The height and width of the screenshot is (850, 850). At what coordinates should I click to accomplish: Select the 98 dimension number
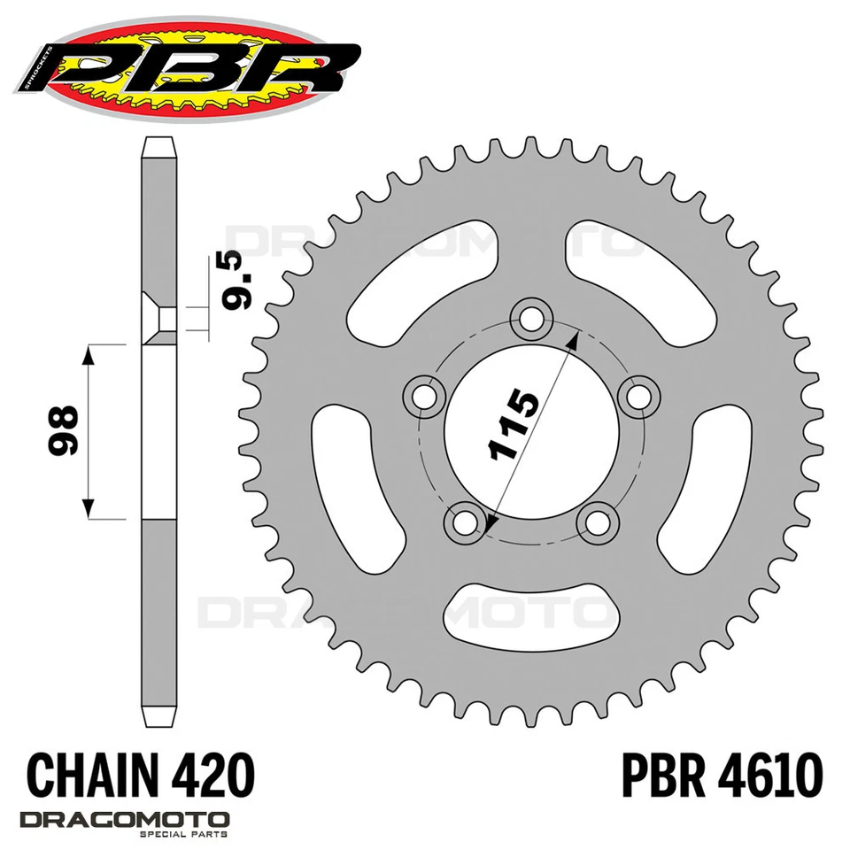tap(63, 431)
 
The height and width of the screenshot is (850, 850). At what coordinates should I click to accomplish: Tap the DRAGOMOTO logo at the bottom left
tap(125, 819)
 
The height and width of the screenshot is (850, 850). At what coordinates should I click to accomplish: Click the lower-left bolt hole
tap(464, 520)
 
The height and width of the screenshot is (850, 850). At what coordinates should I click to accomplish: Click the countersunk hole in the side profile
tap(159, 319)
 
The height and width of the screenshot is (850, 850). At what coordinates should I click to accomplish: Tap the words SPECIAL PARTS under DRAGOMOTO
tap(189, 834)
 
